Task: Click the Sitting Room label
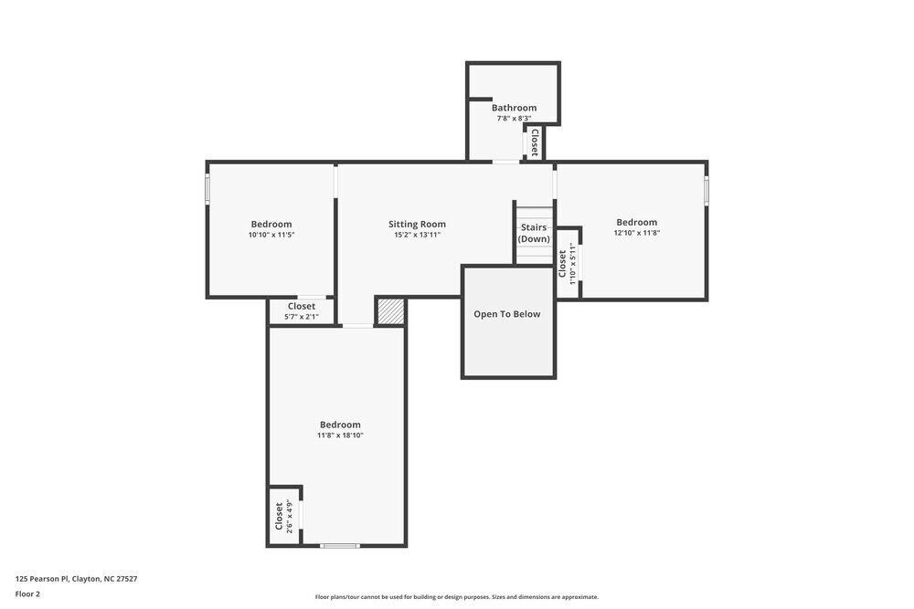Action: click(417, 224)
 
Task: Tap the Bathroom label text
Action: click(514, 108)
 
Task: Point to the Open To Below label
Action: click(506, 314)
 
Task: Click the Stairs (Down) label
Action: click(534, 233)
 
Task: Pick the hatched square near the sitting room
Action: click(390, 311)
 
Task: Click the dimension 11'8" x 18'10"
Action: click(340, 436)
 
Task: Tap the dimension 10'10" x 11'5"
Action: click(271, 235)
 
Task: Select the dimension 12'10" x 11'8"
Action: click(636, 233)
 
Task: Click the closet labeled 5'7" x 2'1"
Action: click(301, 311)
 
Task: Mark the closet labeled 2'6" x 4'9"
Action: click(283, 516)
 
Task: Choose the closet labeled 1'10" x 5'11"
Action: click(567, 264)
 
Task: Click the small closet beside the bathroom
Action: click(534, 143)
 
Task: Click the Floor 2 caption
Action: click(27, 593)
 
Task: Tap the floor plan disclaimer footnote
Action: click(456, 597)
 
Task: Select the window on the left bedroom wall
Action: click(207, 189)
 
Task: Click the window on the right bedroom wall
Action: click(706, 190)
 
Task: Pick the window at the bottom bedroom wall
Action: click(339, 545)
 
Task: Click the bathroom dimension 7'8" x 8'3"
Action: click(514, 119)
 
